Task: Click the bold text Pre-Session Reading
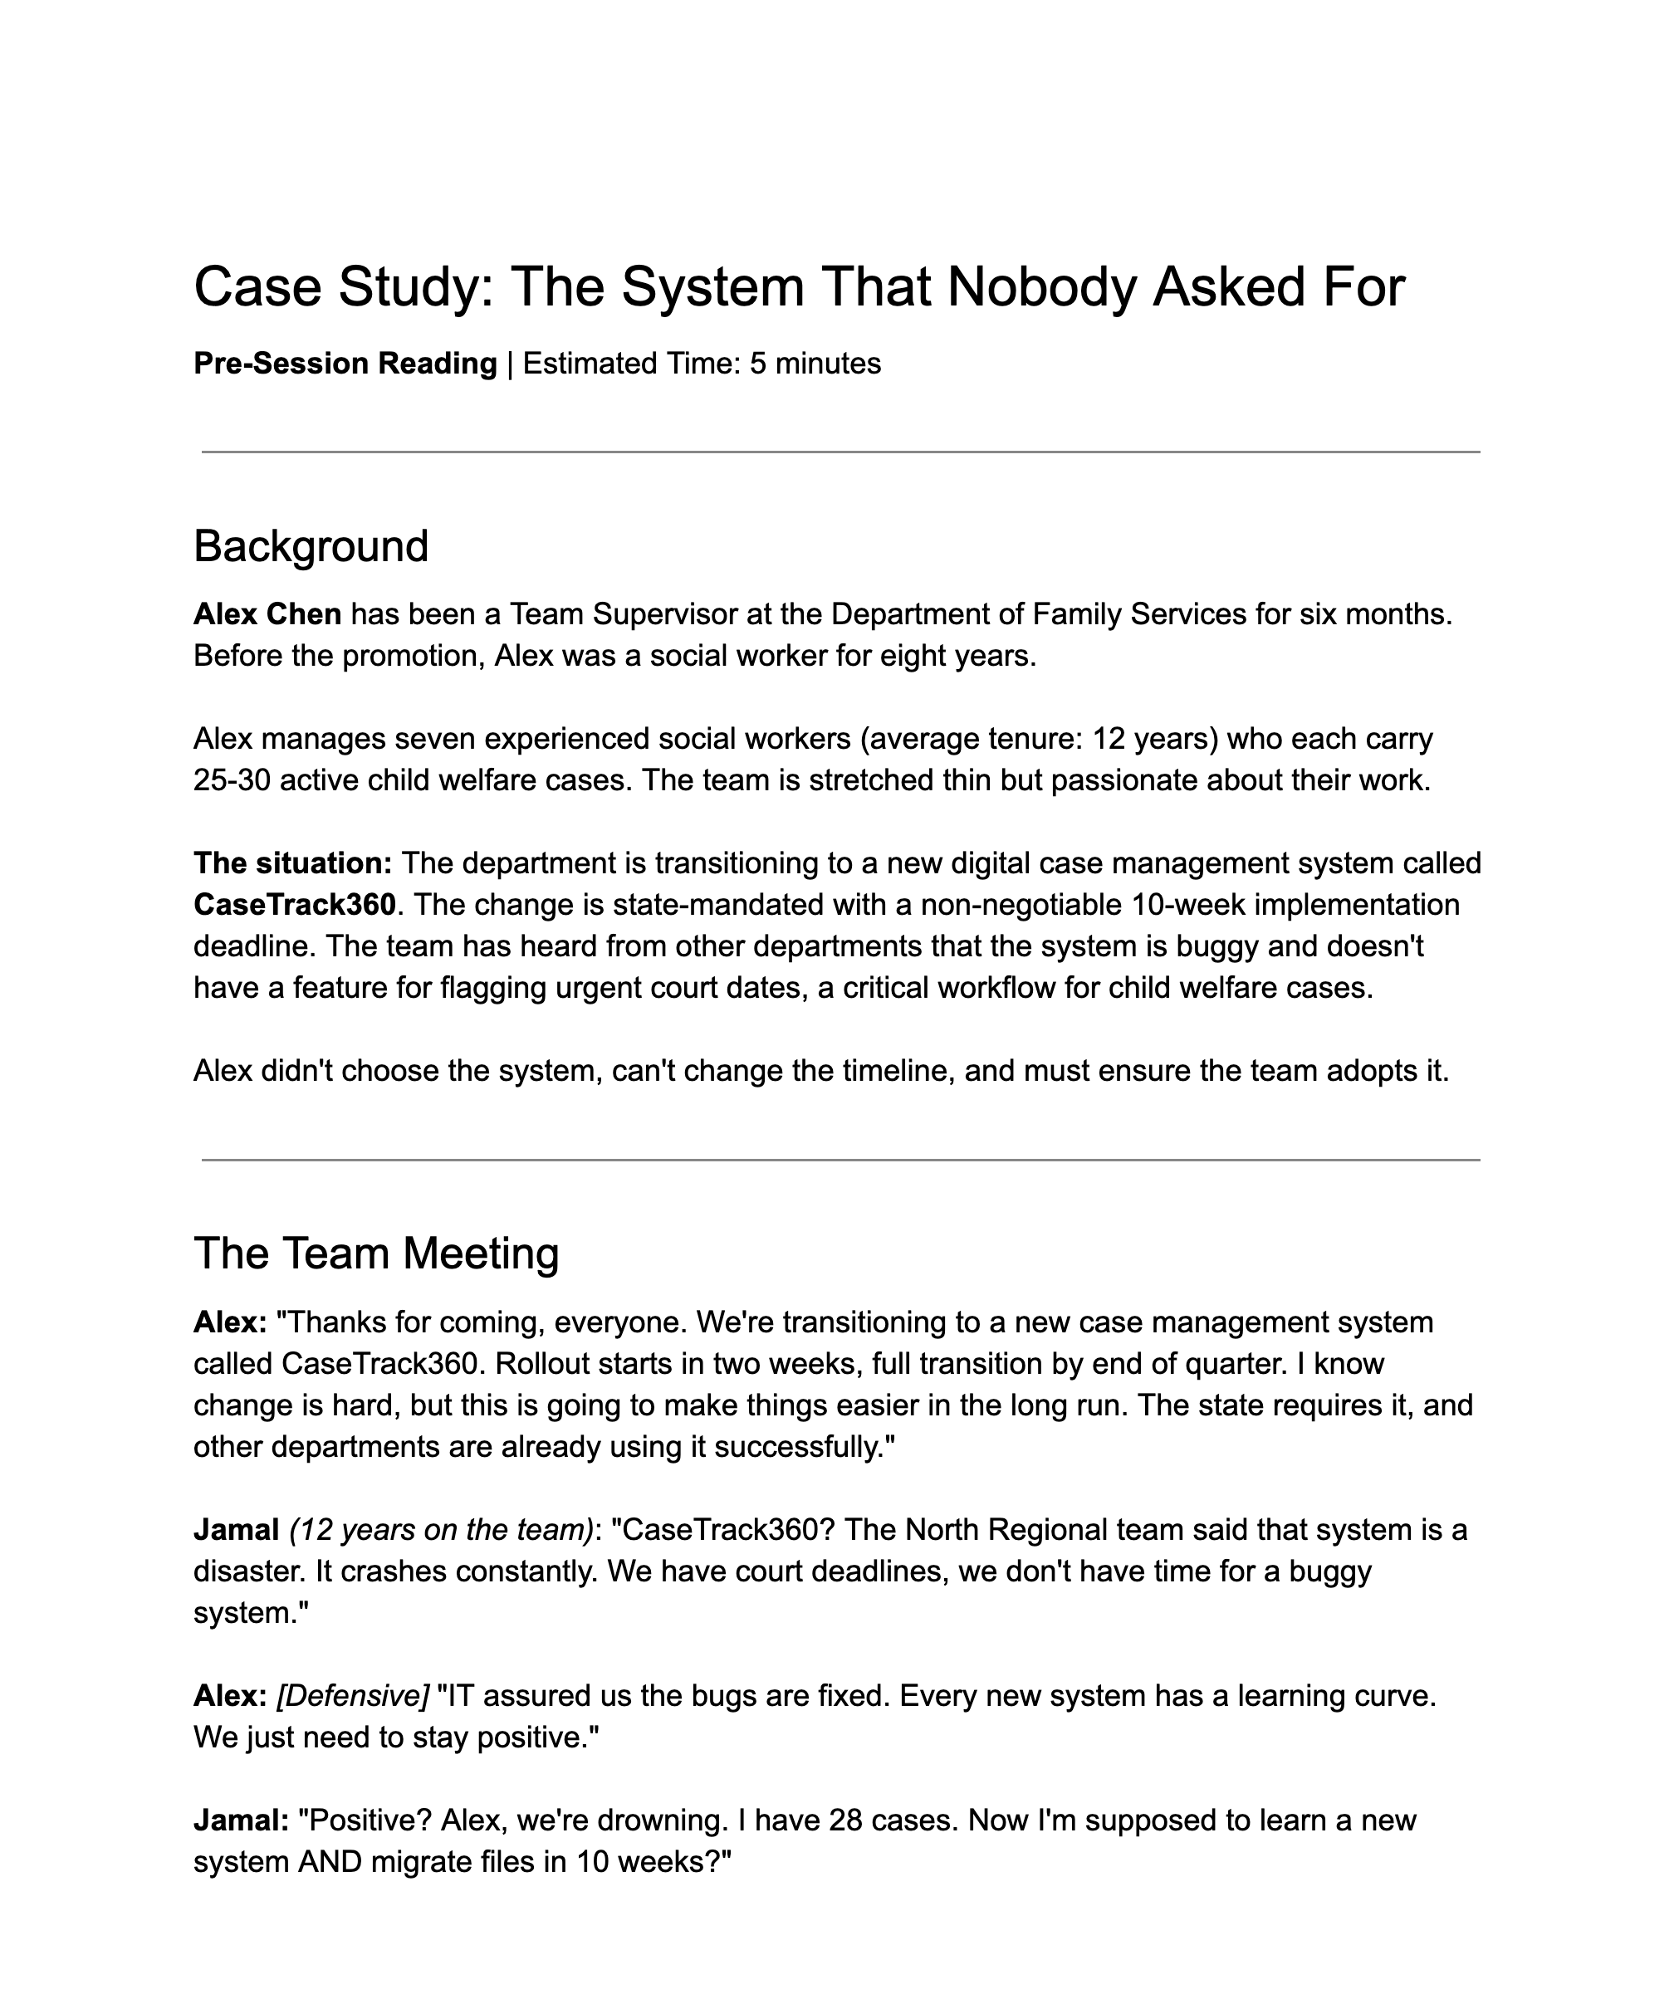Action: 345,364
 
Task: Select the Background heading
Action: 311,546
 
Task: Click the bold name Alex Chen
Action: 267,613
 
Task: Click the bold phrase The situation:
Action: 292,863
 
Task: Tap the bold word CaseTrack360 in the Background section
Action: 294,904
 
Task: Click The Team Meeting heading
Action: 376,1254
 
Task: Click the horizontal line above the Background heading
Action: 839,452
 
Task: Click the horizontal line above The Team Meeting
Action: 839,1160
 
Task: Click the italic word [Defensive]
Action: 353,1696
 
